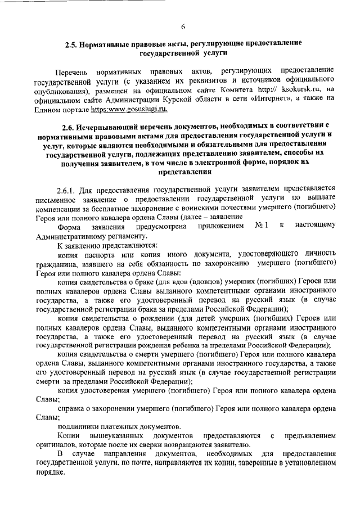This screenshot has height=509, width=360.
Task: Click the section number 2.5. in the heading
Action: [x=73, y=43]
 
